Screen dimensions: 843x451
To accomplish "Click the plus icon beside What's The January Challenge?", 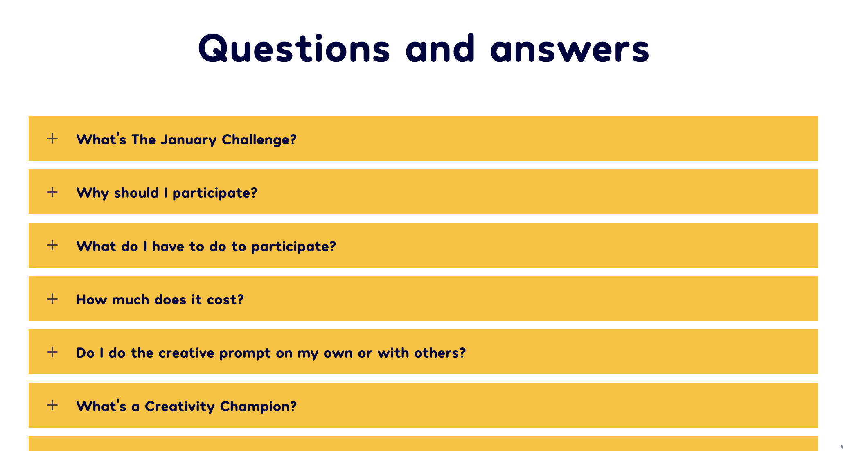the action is (x=52, y=138).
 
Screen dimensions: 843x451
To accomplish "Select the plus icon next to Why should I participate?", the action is (x=52, y=192).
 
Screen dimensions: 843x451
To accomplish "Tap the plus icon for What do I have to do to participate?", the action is (x=52, y=245).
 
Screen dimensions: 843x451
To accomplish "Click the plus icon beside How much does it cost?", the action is (x=52, y=299).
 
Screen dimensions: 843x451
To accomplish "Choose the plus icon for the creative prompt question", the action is (x=52, y=352).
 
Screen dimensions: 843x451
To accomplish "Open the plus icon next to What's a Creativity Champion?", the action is (x=52, y=405).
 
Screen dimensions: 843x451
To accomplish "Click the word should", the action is (x=136, y=193).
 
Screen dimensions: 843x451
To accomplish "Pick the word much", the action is (x=131, y=300).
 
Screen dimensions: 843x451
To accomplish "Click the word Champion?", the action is (x=258, y=406).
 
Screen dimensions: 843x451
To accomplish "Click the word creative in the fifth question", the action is (x=186, y=353).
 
